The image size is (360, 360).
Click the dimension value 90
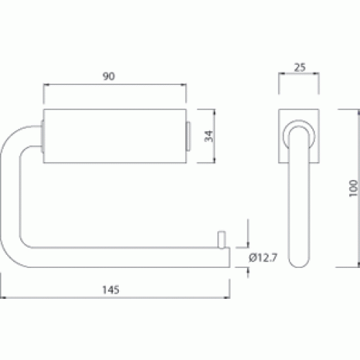109,76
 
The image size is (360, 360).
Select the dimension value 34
209,136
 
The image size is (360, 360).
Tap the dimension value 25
300,68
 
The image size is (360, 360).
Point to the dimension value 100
353,188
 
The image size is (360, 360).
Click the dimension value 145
111,289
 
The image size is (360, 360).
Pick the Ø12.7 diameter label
263,258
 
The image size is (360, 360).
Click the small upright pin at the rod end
222,240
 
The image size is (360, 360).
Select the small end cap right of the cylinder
189,136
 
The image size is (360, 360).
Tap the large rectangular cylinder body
114,136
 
